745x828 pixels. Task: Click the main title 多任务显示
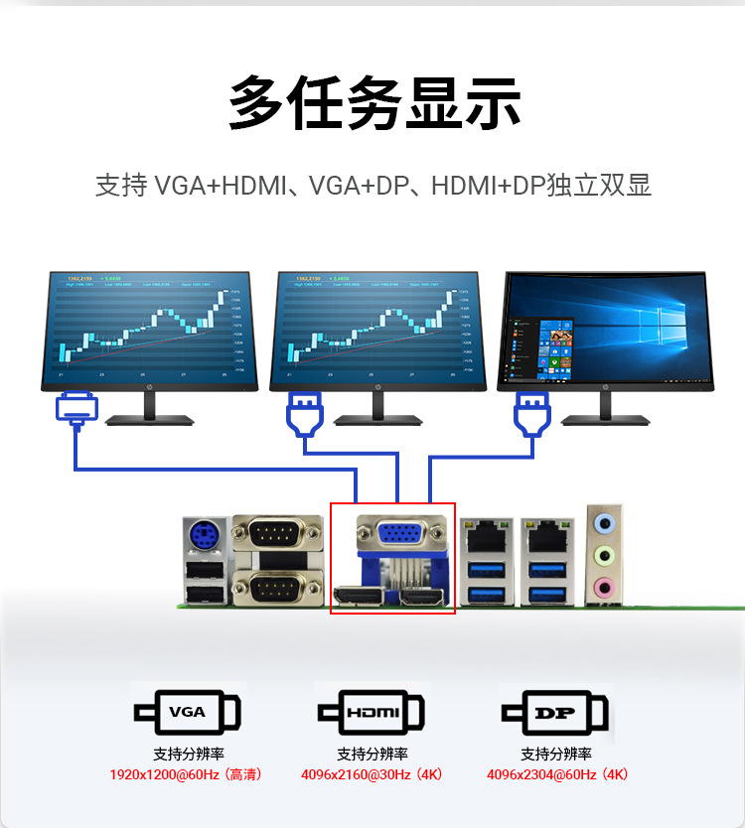[x=374, y=101]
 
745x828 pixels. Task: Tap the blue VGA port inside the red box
[x=394, y=537]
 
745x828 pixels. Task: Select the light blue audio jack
[x=603, y=522]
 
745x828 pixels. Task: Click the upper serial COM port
[x=277, y=537]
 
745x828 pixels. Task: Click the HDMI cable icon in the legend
[x=372, y=712]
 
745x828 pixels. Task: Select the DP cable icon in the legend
[x=554, y=712]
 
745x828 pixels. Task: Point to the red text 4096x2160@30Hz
[x=372, y=774]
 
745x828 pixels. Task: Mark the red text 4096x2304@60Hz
[x=556, y=774]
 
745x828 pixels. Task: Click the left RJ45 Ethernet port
[x=487, y=537]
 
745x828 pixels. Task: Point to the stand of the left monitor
[x=149, y=408]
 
